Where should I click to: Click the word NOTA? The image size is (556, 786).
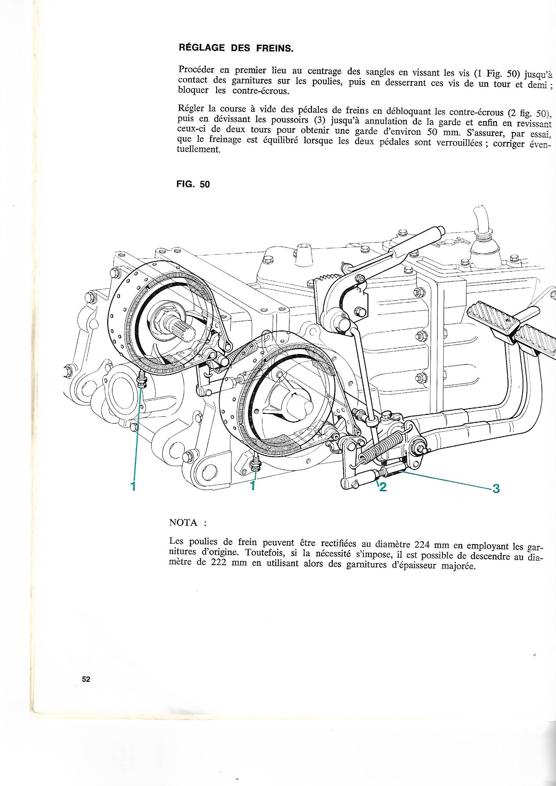pos(183,533)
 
